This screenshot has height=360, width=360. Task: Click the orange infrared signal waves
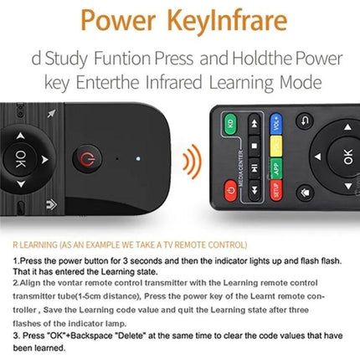pos(193,158)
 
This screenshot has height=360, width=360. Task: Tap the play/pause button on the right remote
pos(254,140)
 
